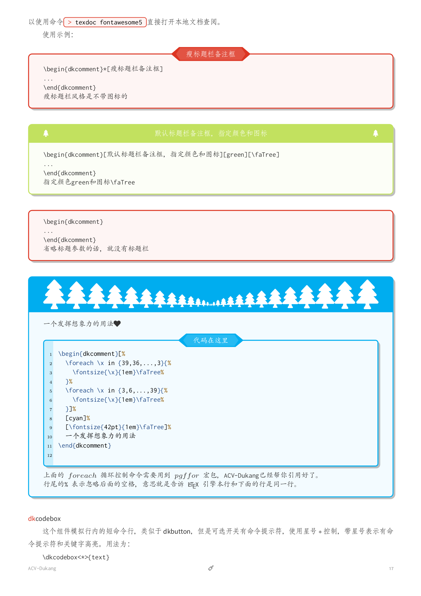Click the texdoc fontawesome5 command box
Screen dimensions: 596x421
click(x=105, y=22)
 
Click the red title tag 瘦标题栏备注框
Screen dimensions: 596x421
click(x=210, y=54)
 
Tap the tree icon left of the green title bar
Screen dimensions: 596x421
click(x=46, y=133)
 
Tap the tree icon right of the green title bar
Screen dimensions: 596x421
click(x=375, y=133)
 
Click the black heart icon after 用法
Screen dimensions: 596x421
click(x=117, y=324)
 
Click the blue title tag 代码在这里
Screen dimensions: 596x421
click(x=210, y=340)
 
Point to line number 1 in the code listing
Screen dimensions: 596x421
click(x=51, y=354)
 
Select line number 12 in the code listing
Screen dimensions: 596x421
click(x=49, y=455)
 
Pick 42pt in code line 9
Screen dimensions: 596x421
click(x=111, y=427)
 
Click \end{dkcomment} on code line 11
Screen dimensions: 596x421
click(x=85, y=446)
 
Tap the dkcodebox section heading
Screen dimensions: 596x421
click(x=44, y=519)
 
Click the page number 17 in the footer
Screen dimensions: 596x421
click(x=391, y=569)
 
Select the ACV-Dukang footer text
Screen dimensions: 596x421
click(x=42, y=569)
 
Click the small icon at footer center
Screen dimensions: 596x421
click(x=211, y=568)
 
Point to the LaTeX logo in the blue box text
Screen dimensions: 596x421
click(x=193, y=485)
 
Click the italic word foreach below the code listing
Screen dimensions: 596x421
click(x=83, y=476)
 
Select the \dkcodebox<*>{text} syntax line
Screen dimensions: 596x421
click(x=76, y=557)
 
